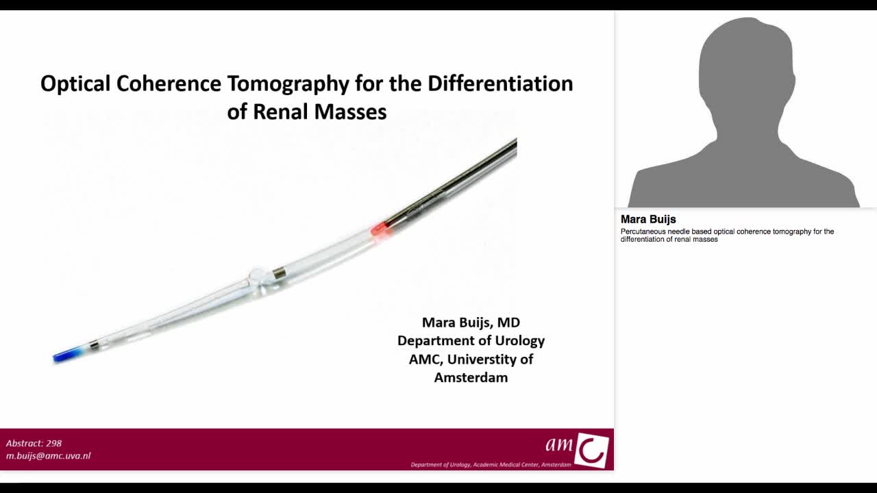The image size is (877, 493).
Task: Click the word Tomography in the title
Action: click(288, 84)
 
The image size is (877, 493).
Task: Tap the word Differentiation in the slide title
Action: click(500, 84)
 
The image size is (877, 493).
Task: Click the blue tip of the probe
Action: click(65, 355)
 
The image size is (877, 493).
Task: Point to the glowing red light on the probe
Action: click(379, 228)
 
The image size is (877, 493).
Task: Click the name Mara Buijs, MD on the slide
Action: click(471, 323)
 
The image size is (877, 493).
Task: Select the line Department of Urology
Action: click(471, 340)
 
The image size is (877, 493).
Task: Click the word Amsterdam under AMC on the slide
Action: click(471, 377)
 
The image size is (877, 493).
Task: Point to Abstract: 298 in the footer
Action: click(34, 443)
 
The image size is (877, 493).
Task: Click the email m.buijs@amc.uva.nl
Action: click(48, 455)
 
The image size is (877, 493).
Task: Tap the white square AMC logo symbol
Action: click(591, 450)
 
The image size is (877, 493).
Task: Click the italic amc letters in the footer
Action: click(559, 444)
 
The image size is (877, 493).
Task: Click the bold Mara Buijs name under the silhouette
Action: click(648, 219)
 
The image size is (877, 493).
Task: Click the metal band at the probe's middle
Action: click(279, 273)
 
